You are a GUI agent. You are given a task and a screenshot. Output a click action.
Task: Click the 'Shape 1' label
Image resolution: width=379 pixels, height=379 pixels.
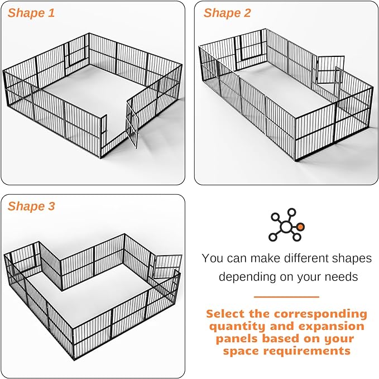point(31,13)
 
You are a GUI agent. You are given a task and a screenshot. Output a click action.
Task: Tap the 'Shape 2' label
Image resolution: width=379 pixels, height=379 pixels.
point(227,13)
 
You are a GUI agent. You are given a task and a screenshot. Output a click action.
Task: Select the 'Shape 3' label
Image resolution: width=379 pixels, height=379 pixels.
point(31,207)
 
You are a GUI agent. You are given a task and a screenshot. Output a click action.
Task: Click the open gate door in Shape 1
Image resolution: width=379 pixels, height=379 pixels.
point(132,124)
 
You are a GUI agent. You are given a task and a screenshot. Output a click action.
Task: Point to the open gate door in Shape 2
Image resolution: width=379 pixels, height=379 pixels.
point(325,69)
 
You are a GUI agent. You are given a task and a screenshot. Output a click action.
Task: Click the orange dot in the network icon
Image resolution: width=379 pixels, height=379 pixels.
point(301,227)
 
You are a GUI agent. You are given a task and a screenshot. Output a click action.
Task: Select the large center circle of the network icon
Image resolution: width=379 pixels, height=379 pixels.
point(286,227)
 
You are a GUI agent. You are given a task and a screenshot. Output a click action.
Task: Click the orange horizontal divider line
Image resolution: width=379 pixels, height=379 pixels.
point(286,297)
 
